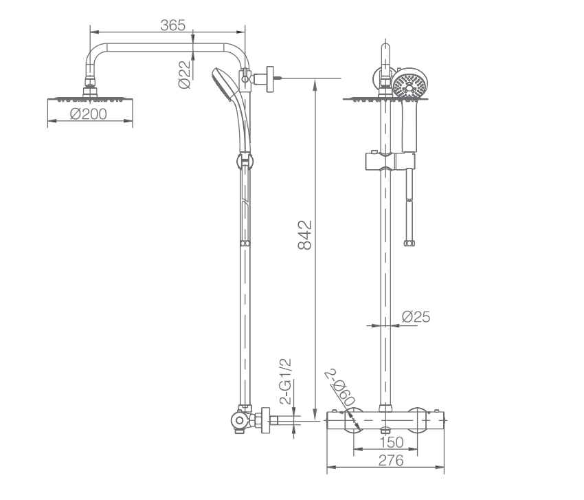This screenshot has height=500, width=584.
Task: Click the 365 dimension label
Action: tap(172, 25)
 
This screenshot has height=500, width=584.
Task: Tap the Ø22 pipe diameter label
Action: tap(184, 74)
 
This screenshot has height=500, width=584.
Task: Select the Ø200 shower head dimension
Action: tap(88, 113)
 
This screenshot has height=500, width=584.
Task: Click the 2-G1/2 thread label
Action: tap(286, 382)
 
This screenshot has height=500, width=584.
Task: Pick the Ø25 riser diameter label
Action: tap(416, 317)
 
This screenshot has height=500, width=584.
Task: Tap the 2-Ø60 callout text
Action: tap(339, 388)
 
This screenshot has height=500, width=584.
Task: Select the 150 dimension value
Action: tap(392, 442)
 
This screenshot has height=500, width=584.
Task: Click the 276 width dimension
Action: tap(391, 461)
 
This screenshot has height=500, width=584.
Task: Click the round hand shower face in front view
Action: tap(410, 83)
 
